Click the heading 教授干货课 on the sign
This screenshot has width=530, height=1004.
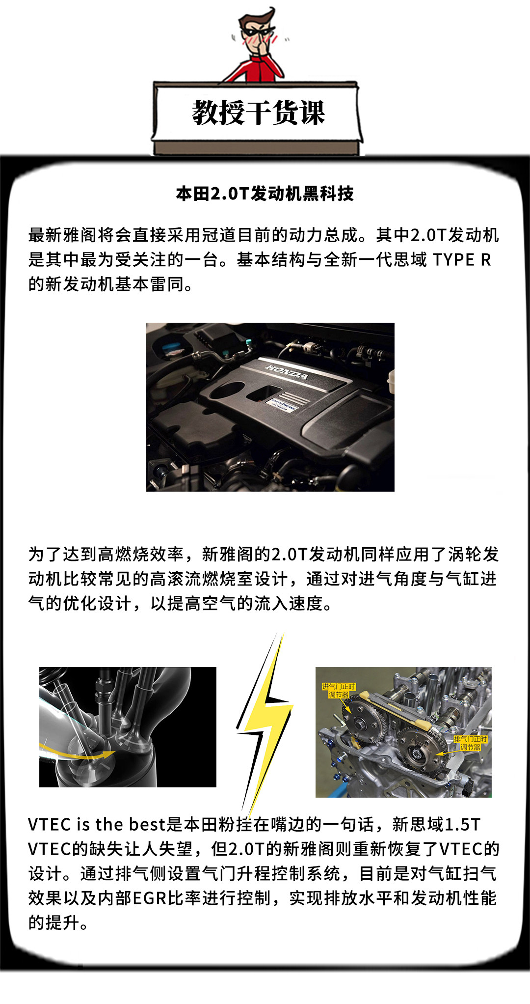(259, 112)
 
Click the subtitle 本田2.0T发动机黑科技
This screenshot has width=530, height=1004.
(265, 194)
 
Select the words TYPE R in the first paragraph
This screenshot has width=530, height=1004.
(462, 259)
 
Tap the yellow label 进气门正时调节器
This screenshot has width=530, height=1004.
(339, 690)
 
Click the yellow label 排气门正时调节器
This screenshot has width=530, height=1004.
(470, 743)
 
